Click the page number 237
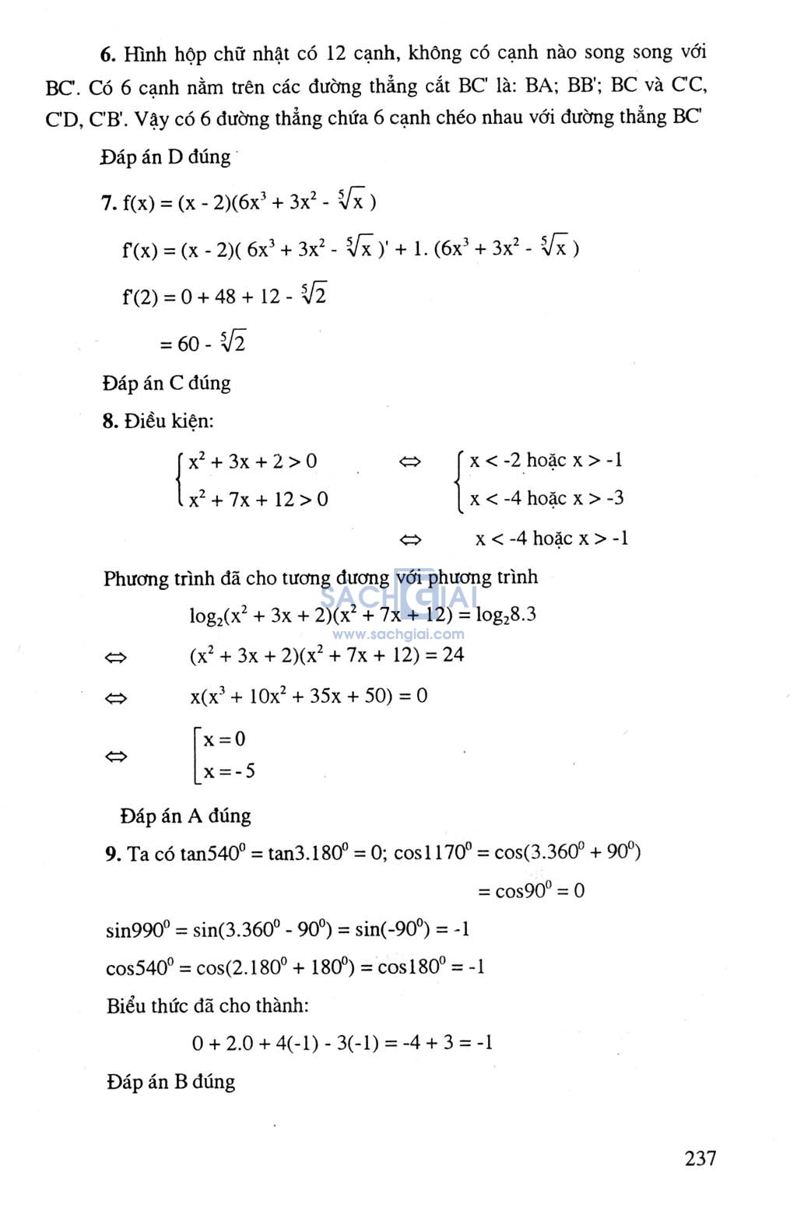tap(700, 1158)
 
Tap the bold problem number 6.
tap(108, 54)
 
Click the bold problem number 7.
tap(108, 203)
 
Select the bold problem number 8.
tap(109, 422)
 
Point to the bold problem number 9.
tap(113, 854)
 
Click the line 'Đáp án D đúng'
tap(166, 157)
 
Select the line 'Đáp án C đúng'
tap(167, 383)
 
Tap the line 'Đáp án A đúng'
tap(185, 816)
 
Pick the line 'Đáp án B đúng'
tap(170, 1082)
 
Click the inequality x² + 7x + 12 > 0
tap(258, 499)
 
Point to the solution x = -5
tap(229, 771)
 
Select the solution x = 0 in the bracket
tap(224, 739)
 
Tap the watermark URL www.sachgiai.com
tap(398, 634)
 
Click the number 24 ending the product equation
tap(453, 655)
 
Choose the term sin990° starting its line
tap(136, 929)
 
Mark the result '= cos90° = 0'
tap(531, 890)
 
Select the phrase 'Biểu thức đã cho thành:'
tap(207, 1006)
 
